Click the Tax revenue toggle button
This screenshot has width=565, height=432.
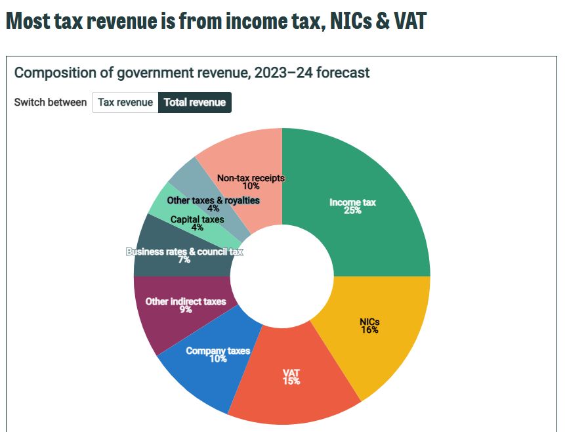pos(125,102)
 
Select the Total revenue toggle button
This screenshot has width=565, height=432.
pos(195,102)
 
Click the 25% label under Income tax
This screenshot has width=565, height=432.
pos(352,211)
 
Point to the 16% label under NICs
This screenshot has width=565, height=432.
pos(369,330)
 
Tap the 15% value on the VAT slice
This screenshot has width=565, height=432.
pos(291,381)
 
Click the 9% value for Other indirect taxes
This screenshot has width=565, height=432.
pos(186,310)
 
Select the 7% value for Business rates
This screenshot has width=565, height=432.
pos(184,260)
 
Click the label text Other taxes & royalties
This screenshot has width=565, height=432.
pos(213,200)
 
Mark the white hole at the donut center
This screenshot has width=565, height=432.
pos(282,276)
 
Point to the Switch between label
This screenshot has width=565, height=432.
pos(51,102)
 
